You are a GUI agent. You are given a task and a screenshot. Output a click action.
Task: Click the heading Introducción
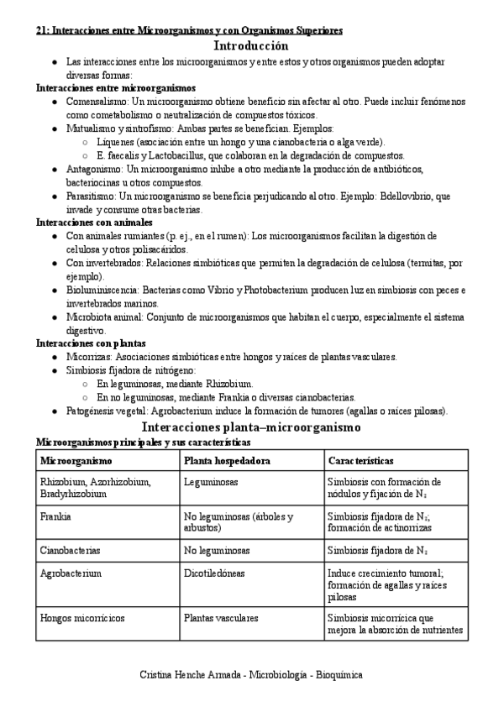[251, 47]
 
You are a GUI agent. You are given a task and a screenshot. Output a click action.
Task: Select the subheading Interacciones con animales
[94, 223]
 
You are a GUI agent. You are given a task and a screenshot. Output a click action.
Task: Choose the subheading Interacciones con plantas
[91, 343]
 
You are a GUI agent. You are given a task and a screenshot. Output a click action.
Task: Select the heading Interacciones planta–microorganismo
[251, 427]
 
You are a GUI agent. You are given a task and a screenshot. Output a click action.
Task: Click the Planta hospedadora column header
[227, 462]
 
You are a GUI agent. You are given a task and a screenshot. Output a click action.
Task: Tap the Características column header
[361, 462]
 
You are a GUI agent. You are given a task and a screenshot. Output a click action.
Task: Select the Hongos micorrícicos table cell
[81, 618]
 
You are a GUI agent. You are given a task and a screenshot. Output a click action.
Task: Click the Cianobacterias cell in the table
[70, 551]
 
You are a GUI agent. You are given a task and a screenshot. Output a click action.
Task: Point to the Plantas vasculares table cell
[221, 618]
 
